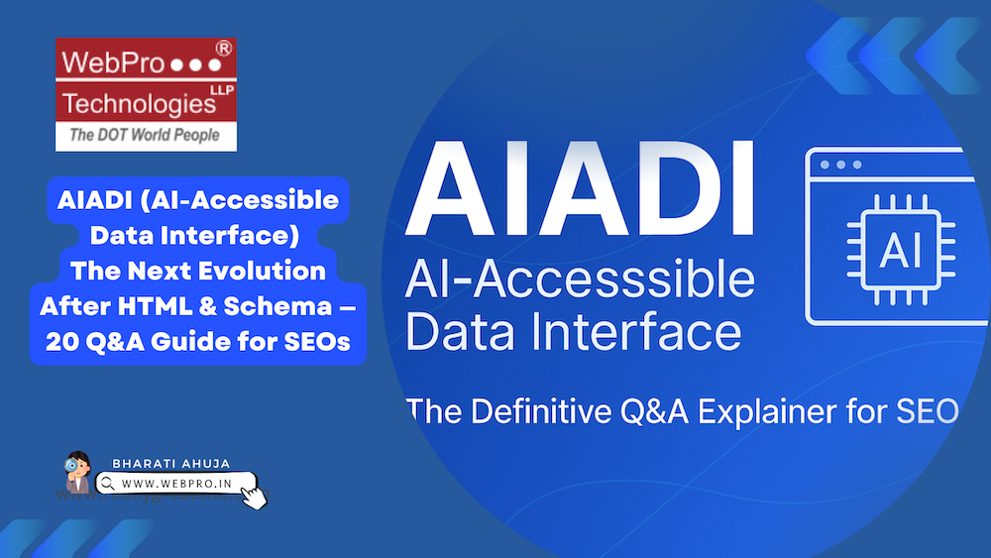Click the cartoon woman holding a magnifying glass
click(x=78, y=474)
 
